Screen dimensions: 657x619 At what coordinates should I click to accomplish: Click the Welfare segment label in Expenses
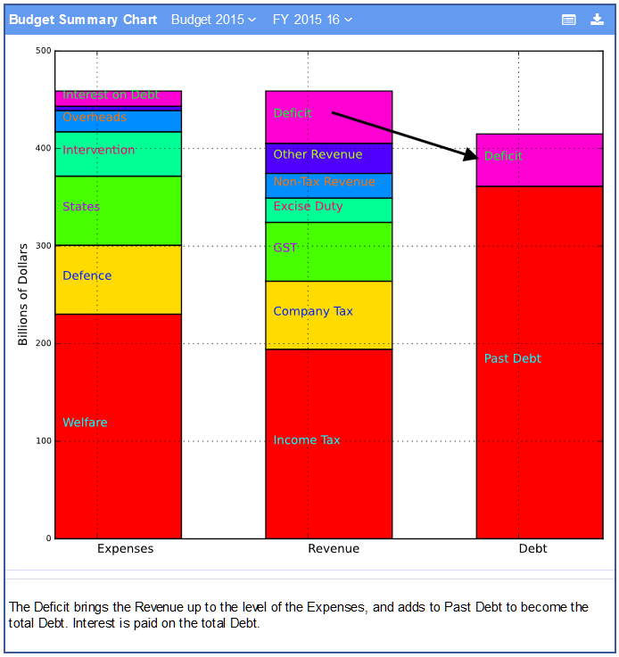tap(85, 423)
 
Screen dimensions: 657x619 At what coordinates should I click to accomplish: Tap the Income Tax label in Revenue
tap(306, 440)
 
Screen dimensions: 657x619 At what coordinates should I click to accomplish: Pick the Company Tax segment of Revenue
tap(328, 315)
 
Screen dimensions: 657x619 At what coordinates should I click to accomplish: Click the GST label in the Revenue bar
tap(285, 248)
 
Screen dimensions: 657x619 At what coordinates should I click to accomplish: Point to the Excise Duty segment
tap(328, 209)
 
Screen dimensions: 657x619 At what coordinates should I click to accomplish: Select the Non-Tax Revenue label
tap(324, 182)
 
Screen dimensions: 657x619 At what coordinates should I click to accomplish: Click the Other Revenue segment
tap(328, 158)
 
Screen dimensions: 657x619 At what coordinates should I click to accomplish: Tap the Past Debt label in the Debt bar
tap(512, 358)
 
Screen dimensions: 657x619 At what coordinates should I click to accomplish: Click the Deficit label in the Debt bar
tap(503, 156)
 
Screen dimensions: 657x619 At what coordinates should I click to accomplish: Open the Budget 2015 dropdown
tap(213, 20)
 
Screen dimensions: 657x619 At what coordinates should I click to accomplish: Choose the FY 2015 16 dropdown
tap(312, 20)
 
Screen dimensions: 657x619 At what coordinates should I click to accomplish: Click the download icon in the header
tap(597, 20)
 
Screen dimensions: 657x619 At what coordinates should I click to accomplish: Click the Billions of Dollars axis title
tap(23, 294)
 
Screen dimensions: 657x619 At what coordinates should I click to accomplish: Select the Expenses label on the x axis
tap(125, 548)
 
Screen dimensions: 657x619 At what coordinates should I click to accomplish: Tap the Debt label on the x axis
tap(532, 548)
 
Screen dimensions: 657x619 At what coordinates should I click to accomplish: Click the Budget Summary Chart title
tap(83, 20)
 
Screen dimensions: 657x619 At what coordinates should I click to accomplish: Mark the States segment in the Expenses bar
tap(118, 210)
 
